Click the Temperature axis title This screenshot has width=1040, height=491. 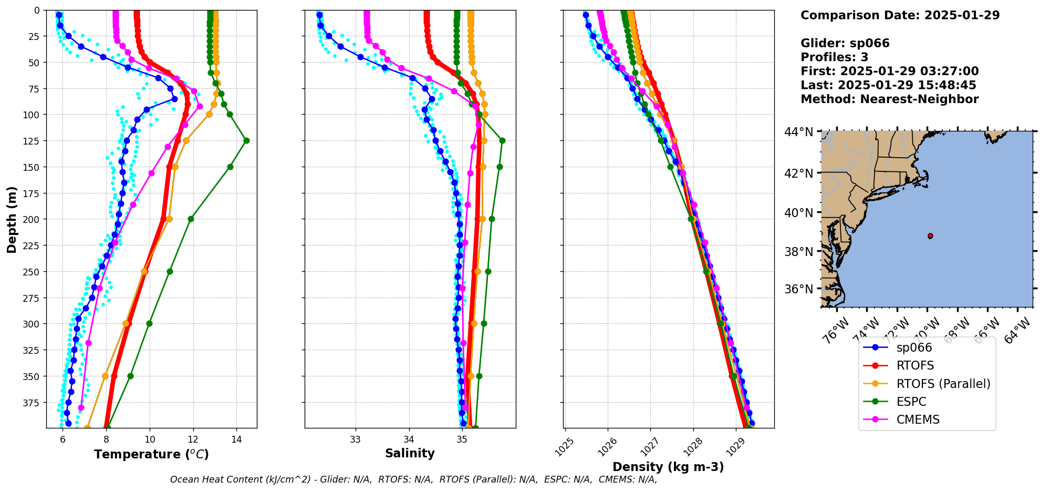coord(151,454)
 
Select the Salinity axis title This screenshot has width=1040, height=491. coord(410,453)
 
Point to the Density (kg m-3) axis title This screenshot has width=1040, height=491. coord(668,467)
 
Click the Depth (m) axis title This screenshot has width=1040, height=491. coord(12,219)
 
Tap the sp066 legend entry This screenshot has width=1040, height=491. coord(914,347)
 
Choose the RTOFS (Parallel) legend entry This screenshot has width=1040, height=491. coord(943,384)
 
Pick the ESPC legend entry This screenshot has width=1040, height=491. coord(911,402)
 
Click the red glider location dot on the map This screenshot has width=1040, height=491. coord(930,236)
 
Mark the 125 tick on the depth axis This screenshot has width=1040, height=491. coord(33,141)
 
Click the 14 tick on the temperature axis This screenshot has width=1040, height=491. coord(236,439)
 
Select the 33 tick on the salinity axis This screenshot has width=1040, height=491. coord(356,439)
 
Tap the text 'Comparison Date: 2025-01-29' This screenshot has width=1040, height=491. coord(900,15)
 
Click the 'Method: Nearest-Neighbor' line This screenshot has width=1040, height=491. coord(889,99)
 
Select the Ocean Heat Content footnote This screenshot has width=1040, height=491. coord(413,479)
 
